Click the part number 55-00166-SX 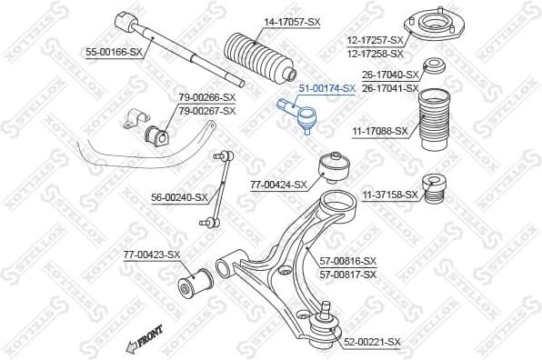click(x=115, y=54)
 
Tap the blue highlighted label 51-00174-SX click(x=327, y=89)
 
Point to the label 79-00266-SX click(x=206, y=97)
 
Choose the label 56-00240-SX click(x=179, y=196)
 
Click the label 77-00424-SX click(x=279, y=185)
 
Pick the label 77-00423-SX click(x=152, y=255)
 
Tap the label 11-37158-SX click(x=390, y=195)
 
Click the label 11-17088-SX click(x=379, y=131)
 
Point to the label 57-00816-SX click(x=347, y=261)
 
